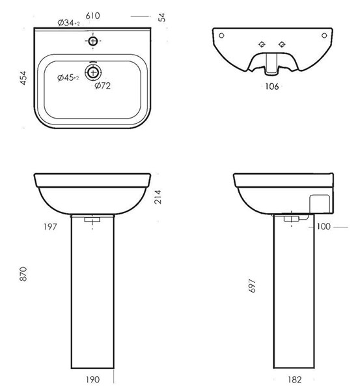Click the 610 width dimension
tap(92, 16)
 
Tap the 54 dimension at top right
tap(162, 18)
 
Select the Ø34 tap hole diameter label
tap(69, 23)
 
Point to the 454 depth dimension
tap(23, 78)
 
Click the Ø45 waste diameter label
tap(68, 78)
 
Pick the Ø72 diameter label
tap(102, 85)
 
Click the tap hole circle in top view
tap(93, 41)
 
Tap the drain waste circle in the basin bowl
tap(93, 72)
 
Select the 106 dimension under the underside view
tap(272, 87)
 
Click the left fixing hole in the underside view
tap(221, 35)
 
